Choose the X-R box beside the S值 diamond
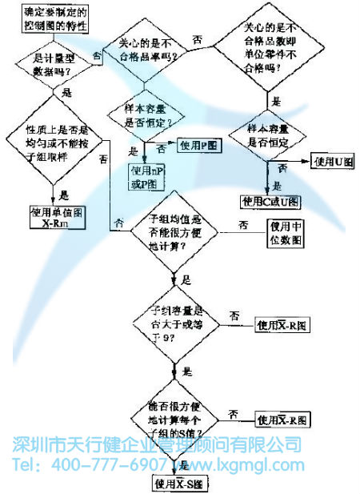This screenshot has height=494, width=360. [281, 419]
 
